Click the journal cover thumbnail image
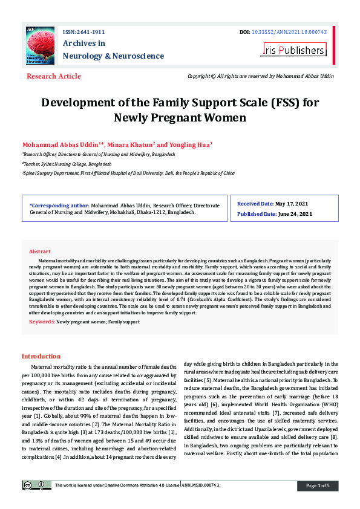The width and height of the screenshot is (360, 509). (x=39, y=45)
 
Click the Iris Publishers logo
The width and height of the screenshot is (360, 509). (x=294, y=50)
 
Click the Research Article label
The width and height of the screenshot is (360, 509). (x=53, y=76)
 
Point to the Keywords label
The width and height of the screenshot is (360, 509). (x=42, y=322)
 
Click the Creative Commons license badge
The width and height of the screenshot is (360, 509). (x=37, y=485)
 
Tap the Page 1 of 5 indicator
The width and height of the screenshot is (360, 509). (x=318, y=485)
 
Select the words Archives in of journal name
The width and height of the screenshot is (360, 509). (x=84, y=44)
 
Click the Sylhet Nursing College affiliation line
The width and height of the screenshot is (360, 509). (x=67, y=164)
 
